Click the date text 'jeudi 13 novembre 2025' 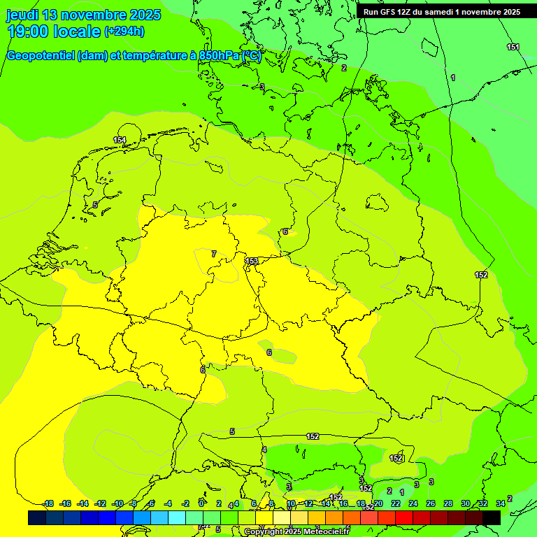pyautogui.click(x=83, y=15)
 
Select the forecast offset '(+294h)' pyautogui.click(x=124, y=31)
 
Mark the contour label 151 pyautogui.click(x=513, y=47)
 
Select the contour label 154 pyautogui.click(x=120, y=141)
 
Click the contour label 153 pyautogui.click(x=252, y=262)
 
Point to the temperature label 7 pyautogui.click(x=214, y=254)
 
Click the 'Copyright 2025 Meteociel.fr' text pyautogui.click(x=296, y=531)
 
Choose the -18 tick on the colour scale pyautogui.click(x=48, y=503)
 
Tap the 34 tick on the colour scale pyautogui.click(x=501, y=503)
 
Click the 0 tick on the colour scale pyautogui.click(x=201, y=503)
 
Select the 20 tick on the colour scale pyautogui.click(x=378, y=503)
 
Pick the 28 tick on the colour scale pyautogui.click(x=448, y=503)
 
